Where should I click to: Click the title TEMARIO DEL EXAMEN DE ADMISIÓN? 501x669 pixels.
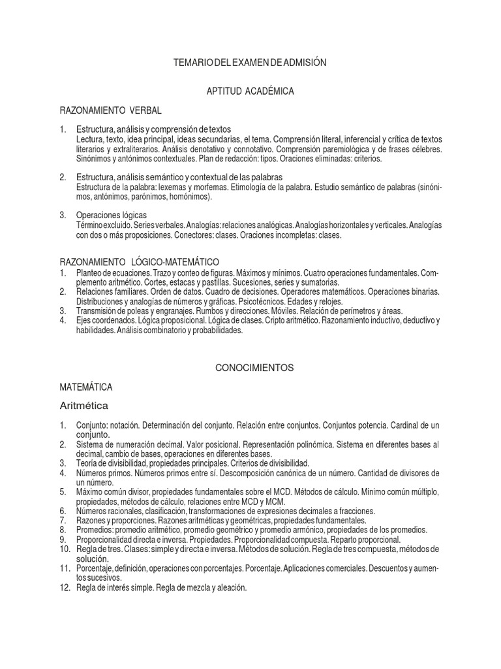coord(249,62)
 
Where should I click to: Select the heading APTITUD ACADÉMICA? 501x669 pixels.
coord(250,91)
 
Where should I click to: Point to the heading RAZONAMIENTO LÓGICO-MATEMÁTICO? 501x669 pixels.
coord(139,261)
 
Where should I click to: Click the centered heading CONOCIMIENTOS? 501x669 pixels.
coord(254,368)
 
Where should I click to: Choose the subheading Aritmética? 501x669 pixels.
coord(83,405)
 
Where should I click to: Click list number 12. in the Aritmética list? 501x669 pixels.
coord(64,587)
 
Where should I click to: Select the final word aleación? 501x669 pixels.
coord(231,587)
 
